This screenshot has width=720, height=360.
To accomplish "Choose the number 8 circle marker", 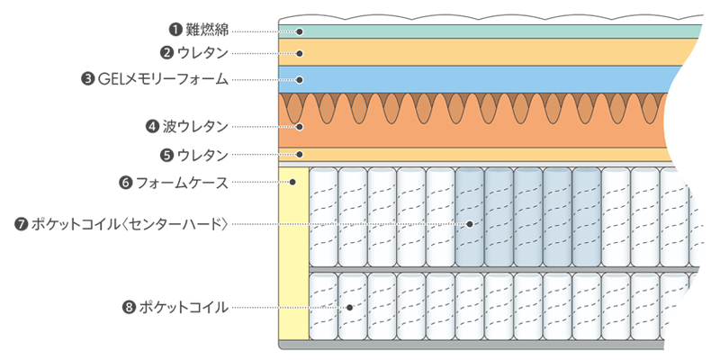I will (x=128, y=307).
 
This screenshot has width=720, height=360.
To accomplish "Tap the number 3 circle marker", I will (x=87, y=79).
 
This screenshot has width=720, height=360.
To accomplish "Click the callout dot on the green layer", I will (x=299, y=31).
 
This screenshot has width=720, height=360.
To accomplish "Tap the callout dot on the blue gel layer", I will (x=299, y=79).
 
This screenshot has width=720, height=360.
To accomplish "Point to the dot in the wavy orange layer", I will (x=299, y=127).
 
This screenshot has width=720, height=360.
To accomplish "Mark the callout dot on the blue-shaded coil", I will (x=469, y=223).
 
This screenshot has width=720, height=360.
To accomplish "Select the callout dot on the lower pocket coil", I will (x=351, y=307).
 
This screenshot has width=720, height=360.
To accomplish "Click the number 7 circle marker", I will (x=22, y=223).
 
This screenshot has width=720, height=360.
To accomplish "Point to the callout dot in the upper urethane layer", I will (x=299, y=53).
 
